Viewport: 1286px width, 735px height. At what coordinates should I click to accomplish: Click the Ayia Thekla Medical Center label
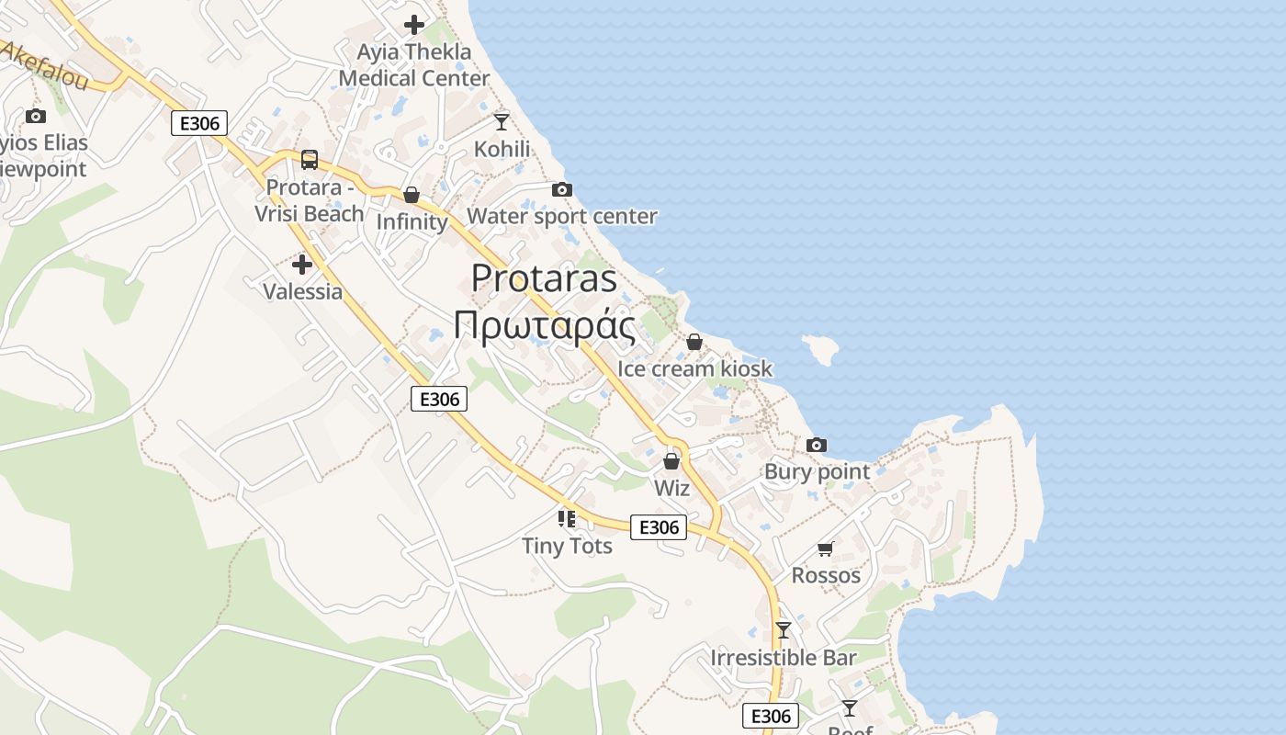[x=414, y=65]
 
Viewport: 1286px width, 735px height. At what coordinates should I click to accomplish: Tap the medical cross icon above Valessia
[x=302, y=266]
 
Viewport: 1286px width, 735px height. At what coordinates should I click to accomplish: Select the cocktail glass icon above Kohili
[x=502, y=121]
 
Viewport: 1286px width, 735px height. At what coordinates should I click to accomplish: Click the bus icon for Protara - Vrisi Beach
[x=310, y=160]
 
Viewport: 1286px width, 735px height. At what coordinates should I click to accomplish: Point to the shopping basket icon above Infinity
[x=412, y=195]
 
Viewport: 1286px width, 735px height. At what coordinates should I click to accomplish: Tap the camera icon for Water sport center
[x=562, y=190]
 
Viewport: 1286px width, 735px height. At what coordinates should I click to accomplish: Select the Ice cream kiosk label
[x=694, y=368]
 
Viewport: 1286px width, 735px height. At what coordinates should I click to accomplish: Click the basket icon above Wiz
[x=671, y=461]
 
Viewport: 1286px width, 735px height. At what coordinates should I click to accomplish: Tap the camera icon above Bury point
[x=817, y=446]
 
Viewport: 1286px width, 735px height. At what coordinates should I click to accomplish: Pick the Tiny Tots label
[x=567, y=546]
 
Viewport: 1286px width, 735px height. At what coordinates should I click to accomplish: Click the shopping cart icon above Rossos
[x=825, y=548]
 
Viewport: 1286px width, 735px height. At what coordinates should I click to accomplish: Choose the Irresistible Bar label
[x=783, y=658]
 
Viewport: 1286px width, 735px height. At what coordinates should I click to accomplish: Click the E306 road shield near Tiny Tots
[x=659, y=527]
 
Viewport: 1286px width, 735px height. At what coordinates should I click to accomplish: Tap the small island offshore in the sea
[x=821, y=347]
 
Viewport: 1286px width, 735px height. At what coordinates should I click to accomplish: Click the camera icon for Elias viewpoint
[x=36, y=116]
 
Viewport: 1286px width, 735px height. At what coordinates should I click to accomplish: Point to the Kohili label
[x=502, y=149]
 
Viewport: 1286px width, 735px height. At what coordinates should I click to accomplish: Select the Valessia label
[x=302, y=292]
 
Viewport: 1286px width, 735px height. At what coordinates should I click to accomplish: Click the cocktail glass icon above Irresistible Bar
[x=783, y=630]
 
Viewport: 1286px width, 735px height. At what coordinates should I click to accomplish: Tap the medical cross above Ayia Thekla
[x=414, y=24]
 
